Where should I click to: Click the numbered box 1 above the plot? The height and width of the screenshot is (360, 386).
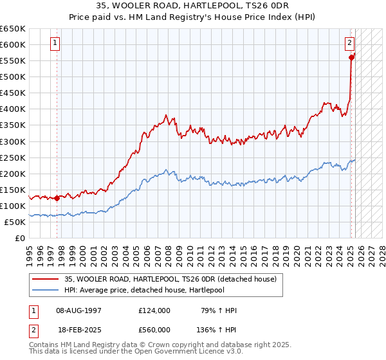coord(55,44)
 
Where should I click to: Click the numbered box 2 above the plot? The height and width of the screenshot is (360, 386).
coord(349,44)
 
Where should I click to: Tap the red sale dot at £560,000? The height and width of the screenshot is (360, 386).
coord(351,57)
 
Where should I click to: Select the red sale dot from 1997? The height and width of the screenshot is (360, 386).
coord(57,198)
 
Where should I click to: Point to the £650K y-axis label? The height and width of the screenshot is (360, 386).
coord(13,29)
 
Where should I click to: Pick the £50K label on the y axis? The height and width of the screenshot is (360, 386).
coord(15,222)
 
